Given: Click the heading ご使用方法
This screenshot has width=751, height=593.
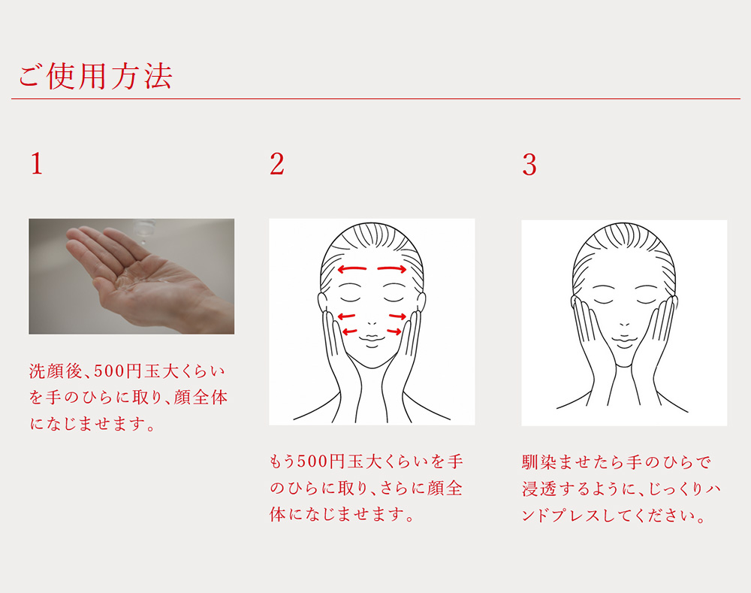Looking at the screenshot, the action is (x=95, y=76).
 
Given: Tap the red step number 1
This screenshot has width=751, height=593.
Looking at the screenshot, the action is (x=37, y=164).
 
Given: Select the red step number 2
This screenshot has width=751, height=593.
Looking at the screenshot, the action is (x=277, y=164).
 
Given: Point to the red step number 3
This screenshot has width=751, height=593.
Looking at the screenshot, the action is (x=529, y=165).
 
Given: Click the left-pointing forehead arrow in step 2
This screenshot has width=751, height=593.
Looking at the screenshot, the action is (x=352, y=269).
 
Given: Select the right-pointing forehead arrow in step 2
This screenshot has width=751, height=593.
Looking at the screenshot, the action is (x=392, y=269).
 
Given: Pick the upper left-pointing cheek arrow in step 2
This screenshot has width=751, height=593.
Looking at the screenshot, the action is (x=347, y=316).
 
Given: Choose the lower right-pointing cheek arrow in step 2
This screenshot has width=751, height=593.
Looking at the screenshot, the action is (x=394, y=331).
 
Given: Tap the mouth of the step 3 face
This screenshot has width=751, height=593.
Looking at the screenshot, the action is (x=624, y=341).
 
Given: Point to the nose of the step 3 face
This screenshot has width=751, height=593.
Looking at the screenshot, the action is (x=625, y=324).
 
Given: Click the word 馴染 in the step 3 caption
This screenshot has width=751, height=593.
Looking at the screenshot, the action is (x=539, y=462).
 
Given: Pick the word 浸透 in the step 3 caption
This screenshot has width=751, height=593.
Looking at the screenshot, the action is (x=539, y=489).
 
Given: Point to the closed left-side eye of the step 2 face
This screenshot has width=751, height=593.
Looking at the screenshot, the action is (x=350, y=299).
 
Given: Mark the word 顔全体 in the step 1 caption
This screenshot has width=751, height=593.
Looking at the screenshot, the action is (x=201, y=398).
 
